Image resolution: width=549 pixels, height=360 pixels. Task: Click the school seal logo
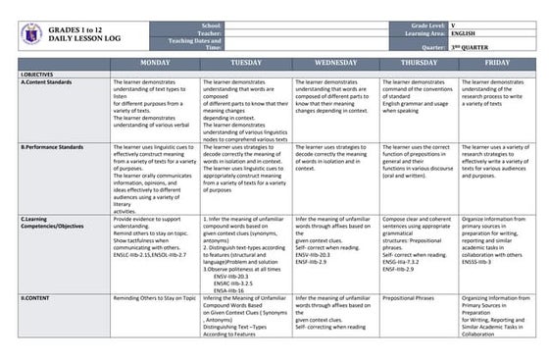tap(32, 34)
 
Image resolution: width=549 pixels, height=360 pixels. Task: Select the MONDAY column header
tap(155, 62)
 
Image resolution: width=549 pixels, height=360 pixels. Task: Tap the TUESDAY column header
tap(245, 62)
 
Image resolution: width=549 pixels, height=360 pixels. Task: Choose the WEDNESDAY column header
tap(335, 62)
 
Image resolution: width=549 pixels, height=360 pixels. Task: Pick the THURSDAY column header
tap(419, 62)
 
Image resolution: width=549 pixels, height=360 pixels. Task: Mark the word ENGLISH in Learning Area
tap(451, 32)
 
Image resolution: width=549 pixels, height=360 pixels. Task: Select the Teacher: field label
tap(210, 32)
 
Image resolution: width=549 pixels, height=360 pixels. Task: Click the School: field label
tap(212, 25)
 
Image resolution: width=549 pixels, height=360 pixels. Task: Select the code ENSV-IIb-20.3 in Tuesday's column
tap(232, 277)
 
